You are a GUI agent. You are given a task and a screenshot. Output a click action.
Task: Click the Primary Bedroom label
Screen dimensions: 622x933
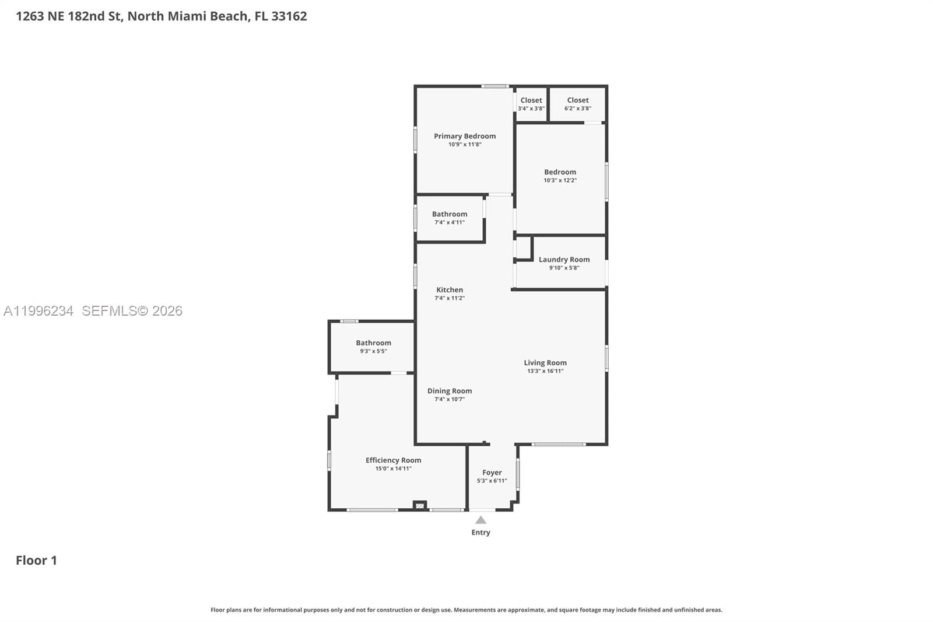pyautogui.click(x=465, y=136)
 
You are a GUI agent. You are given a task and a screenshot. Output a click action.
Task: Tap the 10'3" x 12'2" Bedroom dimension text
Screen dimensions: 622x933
pyautogui.click(x=560, y=180)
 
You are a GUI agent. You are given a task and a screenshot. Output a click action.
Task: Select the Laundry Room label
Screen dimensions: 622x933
pyautogui.click(x=564, y=260)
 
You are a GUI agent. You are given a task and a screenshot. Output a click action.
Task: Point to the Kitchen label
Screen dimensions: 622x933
pyautogui.click(x=450, y=290)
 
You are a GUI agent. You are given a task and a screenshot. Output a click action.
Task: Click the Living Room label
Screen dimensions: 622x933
pyautogui.click(x=545, y=363)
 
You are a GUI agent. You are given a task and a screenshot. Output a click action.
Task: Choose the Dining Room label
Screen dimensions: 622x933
pyautogui.click(x=450, y=391)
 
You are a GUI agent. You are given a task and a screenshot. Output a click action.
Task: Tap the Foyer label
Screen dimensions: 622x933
pyautogui.click(x=492, y=473)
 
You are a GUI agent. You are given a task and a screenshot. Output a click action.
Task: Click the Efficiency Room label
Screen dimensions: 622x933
pyautogui.click(x=393, y=460)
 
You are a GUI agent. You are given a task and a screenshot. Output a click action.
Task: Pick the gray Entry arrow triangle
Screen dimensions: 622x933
pyautogui.click(x=480, y=520)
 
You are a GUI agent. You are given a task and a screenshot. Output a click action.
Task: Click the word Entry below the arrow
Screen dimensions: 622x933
pyautogui.click(x=480, y=532)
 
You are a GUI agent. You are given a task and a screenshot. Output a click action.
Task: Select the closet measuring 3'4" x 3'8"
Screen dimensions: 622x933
pyautogui.click(x=531, y=104)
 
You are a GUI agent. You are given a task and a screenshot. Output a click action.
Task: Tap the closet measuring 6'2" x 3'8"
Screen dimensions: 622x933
pyautogui.click(x=578, y=104)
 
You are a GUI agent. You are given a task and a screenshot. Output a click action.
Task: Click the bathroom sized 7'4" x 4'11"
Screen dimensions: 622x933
pyautogui.click(x=450, y=218)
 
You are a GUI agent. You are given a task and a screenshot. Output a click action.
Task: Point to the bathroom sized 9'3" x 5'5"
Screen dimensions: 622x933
pyautogui.click(x=373, y=347)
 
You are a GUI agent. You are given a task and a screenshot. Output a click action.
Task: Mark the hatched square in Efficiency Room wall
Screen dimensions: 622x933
pyautogui.click(x=420, y=505)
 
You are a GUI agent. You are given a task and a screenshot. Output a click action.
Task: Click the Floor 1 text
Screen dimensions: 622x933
pyautogui.click(x=36, y=560)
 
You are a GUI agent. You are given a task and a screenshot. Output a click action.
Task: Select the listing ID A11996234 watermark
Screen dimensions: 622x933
pyautogui.click(x=38, y=311)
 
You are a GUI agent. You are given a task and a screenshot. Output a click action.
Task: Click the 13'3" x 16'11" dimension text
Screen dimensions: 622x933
pyautogui.click(x=545, y=371)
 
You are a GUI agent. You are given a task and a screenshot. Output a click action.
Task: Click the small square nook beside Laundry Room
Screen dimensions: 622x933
pyautogui.click(x=523, y=247)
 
